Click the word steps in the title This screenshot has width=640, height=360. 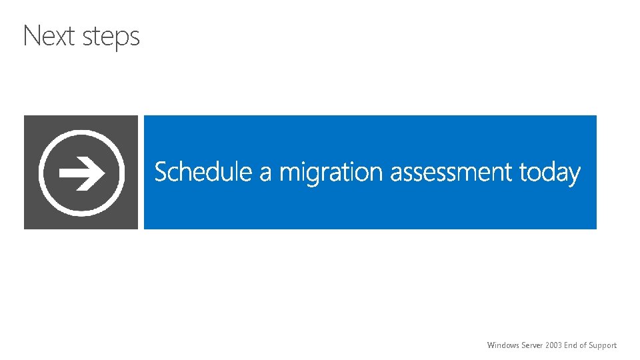click(x=111, y=37)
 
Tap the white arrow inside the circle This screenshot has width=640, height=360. click(x=81, y=173)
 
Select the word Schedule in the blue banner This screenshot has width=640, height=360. click(x=203, y=172)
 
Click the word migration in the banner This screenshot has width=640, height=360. click(x=331, y=173)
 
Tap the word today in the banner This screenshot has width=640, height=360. click(x=550, y=173)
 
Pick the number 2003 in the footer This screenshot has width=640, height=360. click(x=553, y=345)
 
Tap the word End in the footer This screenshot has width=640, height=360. click(x=571, y=345)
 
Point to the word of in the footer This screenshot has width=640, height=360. click(x=584, y=345)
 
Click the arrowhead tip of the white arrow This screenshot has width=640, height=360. click(x=103, y=173)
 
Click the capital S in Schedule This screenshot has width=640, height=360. click(x=161, y=172)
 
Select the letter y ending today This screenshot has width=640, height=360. click(x=575, y=175)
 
